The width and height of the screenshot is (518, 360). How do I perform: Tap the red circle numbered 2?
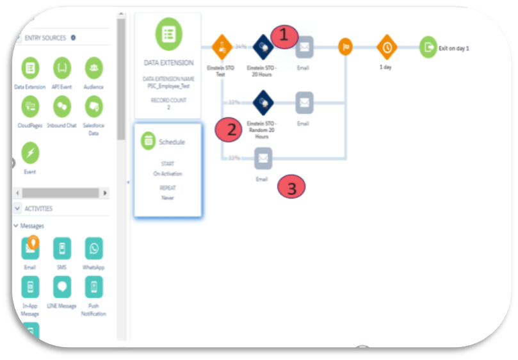[229, 129]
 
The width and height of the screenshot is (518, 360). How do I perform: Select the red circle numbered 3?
[291, 188]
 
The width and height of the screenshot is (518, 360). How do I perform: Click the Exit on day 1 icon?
[428, 47]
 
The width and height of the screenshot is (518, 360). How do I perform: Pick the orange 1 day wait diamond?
[386, 47]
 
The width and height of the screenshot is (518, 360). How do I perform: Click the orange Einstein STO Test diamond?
[221, 47]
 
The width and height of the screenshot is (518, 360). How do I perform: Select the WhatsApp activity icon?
[94, 248]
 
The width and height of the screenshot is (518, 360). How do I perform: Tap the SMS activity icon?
[62, 248]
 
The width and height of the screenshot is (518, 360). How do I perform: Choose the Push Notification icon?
[94, 286]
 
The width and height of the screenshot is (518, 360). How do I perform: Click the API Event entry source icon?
[62, 67]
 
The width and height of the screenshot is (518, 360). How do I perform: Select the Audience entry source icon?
[93, 67]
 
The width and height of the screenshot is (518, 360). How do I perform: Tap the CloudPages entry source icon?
[30, 106]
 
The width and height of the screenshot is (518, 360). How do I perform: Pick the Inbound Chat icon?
[62, 106]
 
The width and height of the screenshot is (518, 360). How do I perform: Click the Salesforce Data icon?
[93, 106]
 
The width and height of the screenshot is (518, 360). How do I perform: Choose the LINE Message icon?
[62, 286]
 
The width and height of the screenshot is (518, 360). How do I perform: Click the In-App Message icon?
[30, 286]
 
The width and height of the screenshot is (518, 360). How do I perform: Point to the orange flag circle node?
[345, 47]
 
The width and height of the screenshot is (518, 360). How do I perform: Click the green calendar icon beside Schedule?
[148, 141]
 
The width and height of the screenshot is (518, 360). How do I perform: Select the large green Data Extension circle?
[168, 35]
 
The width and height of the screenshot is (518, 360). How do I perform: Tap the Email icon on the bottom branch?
[263, 158]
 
